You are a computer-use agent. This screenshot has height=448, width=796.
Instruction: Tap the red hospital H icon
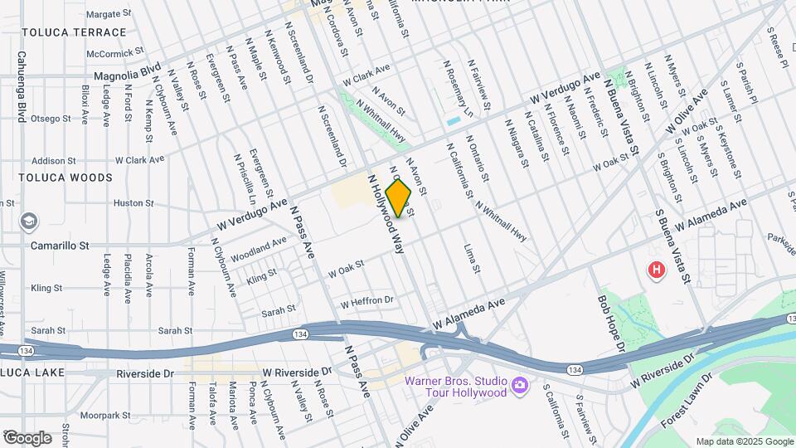pyautogui.click(x=657, y=270)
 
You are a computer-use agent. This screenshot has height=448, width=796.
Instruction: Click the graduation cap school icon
pyautogui.click(x=29, y=222)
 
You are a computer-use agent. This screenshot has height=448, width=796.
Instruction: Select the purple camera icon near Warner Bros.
pyautogui.click(x=519, y=386)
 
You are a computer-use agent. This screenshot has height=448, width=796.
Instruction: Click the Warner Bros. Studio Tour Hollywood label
pyautogui.click(x=454, y=387)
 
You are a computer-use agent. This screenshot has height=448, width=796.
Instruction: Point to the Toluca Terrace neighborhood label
pyautogui.click(x=75, y=32)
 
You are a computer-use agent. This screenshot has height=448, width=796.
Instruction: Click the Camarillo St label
pyautogui.click(x=60, y=246)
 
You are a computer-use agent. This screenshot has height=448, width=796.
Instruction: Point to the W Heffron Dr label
pyautogui.click(x=366, y=301)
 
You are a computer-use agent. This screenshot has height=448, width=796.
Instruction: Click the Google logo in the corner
pyautogui.click(x=27, y=437)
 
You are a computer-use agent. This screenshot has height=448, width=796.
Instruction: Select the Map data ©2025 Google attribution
pyautogui.click(x=744, y=441)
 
